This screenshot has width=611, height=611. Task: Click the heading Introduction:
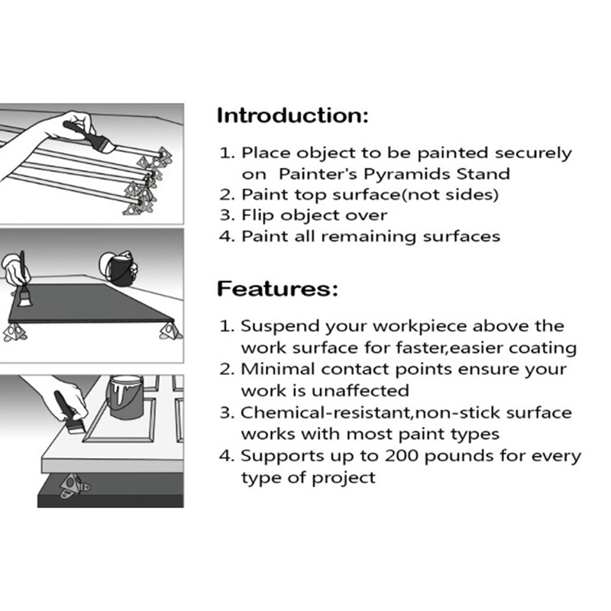click(x=293, y=116)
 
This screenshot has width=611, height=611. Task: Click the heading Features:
click(x=277, y=289)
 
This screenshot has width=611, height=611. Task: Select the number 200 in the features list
click(x=402, y=455)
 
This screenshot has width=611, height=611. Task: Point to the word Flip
click(x=258, y=215)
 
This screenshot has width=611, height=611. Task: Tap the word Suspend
click(x=280, y=327)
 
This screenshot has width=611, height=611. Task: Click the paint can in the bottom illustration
click(x=125, y=397)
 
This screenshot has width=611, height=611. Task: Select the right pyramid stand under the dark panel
click(x=170, y=331)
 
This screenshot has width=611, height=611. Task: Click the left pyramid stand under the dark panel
click(x=15, y=332)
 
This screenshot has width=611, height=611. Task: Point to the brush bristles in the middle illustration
click(x=26, y=297)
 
